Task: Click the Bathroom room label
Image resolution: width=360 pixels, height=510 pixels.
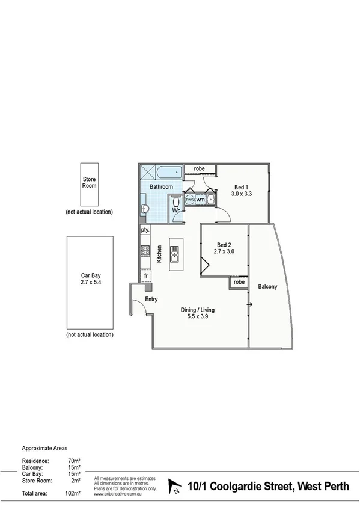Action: [x=161, y=187]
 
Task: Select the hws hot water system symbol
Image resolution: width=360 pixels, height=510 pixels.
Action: [x=189, y=199]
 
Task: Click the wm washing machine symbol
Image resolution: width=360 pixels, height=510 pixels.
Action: [x=200, y=199]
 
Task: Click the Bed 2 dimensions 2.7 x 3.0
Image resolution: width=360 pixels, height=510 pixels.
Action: [x=224, y=251]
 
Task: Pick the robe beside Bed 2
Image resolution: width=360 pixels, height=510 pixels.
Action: [x=239, y=281]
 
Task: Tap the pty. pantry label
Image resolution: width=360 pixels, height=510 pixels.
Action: [x=145, y=230]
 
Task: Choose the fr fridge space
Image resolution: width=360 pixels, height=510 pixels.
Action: [x=145, y=275]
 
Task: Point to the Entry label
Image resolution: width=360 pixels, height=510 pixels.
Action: [x=151, y=299]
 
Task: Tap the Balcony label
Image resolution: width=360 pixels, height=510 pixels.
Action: [x=267, y=287]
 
